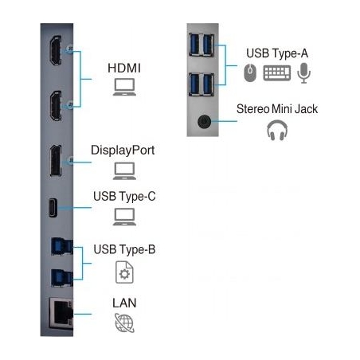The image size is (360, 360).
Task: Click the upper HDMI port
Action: pyautogui.click(x=56, y=50)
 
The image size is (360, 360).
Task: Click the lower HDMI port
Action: pyautogui.click(x=56, y=106)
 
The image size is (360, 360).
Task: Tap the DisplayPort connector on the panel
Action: pyautogui.click(x=56, y=161)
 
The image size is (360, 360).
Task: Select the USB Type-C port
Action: pyautogui.click(x=53, y=208)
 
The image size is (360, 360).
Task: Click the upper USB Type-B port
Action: pyautogui.click(x=61, y=247)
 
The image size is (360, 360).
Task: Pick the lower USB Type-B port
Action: pyautogui.click(x=61, y=278)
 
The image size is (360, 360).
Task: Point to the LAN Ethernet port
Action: pyautogui.click(x=61, y=314)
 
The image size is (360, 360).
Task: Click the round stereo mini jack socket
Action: pyautogui.click(x=204, y=122)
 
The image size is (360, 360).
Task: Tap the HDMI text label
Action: pyautogui.click(x=124, y=68)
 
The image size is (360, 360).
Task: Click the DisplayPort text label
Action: pyautogui.click(x=123, y=151)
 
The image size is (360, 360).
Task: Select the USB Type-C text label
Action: pyautogui.click(x=124, y=197)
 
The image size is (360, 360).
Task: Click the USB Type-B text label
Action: pyautogui.click(x=124, y=249)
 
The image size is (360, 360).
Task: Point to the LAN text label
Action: pyautogui.click(x=124, y=303)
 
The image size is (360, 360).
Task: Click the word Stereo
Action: pyautogui.click(x=252, y=109)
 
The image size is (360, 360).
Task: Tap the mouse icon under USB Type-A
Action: pyautogui.click(x=250, y=72)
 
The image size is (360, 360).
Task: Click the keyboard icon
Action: pyautogui.click(x=277, y=73)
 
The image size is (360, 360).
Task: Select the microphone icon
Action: pyautogui.click(x=303, y=73)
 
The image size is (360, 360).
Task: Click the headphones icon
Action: pyautogui.click(x=277, y=130)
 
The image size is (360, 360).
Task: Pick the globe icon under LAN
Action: pyautogui.click(x=124, y=323)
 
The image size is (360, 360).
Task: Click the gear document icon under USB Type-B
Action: pyautogui.click(x=124, y=272)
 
